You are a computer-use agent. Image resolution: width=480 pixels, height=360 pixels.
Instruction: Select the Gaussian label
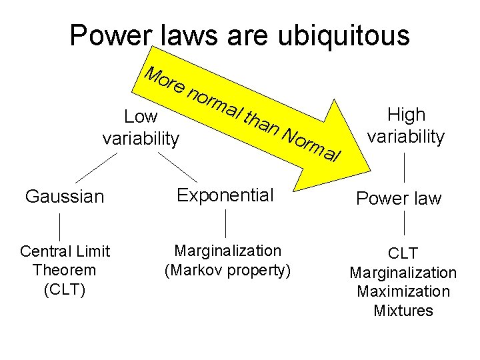65,197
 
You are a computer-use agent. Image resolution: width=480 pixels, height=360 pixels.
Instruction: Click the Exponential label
225,195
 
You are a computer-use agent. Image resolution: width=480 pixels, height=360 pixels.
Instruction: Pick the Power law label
399,199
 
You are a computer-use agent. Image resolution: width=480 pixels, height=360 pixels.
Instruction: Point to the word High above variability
406,115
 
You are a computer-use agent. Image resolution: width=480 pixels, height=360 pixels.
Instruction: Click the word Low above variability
141,117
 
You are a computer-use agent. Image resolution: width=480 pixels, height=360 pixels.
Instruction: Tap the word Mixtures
403,311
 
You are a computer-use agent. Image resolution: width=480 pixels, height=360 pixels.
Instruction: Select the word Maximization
403,292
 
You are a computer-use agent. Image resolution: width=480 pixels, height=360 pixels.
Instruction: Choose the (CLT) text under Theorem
64,291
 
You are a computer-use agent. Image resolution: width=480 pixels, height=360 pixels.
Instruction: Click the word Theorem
64,271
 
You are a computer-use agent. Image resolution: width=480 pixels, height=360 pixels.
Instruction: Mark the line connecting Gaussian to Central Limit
61,227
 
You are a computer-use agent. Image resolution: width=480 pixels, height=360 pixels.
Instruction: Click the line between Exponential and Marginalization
227,223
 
